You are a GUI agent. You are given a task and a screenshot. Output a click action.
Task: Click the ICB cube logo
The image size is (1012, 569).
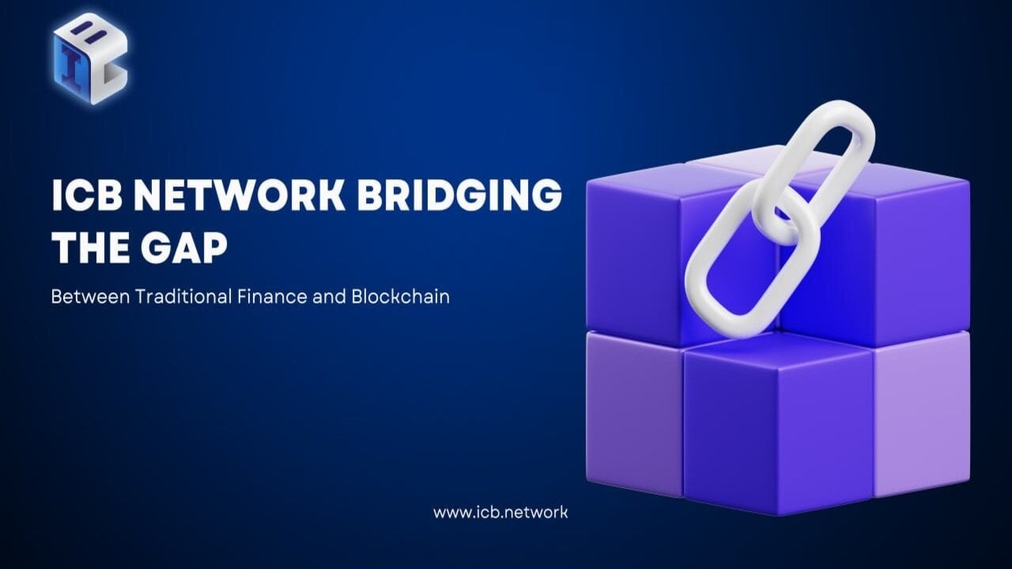[x=90, y=58]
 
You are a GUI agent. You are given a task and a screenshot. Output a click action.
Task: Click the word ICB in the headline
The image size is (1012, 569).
[x=83, y=196]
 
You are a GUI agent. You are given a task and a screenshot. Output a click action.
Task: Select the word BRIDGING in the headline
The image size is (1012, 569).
[x=459, y=196]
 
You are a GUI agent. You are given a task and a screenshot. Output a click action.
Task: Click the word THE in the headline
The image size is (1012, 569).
[x=87, y=247]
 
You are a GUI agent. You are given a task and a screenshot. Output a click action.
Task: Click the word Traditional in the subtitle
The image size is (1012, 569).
[x=183, y=297]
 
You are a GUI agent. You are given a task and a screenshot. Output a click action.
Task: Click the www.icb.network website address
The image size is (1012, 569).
[x=500, y=512]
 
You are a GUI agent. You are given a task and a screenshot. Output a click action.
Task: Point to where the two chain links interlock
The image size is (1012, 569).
[x=779, y=213]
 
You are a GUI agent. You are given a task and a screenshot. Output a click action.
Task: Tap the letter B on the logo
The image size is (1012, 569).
[x=89, y=35]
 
